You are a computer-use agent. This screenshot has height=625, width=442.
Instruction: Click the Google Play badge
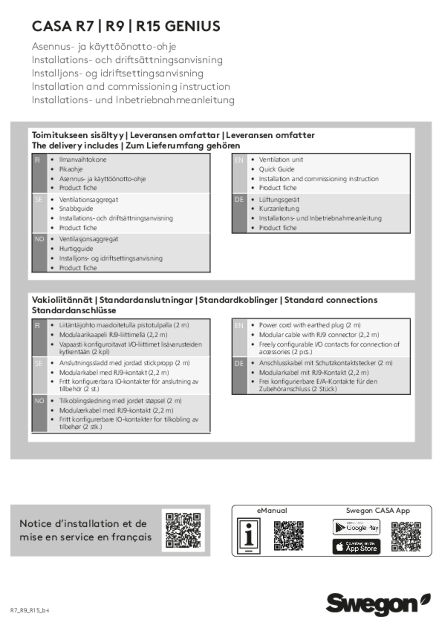pyautogui.click(x=356, y=528)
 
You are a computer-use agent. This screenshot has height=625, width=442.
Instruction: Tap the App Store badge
pyautogui.click(x=356, y=547)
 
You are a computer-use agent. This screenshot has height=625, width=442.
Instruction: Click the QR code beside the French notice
pyautogui.click(x=183, y=530)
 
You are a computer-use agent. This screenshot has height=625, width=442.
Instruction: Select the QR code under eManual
pyautogui.click(x=288, y=536)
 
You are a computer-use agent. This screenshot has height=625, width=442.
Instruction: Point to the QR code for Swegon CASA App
pyautogui.click(x=406, y=537)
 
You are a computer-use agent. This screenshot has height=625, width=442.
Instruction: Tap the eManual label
pyautogui.click(x=272, y=511)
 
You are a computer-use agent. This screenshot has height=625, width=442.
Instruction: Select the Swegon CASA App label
pyautogui.click(x=378, y=511)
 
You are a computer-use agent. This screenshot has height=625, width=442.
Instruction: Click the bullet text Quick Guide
pyautogui.click(x=277, y=169)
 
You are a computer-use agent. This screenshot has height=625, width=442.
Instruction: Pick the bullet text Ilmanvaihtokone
pyautogui.click(x=83, y=160)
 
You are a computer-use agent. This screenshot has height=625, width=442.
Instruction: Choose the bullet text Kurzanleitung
pyautogui.click(x=279, y=209)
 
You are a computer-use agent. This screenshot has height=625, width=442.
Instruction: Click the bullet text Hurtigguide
pyautogui.click(x=76, y=249)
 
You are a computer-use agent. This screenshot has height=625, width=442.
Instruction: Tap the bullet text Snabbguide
pyautogui.click(x=76, y=209)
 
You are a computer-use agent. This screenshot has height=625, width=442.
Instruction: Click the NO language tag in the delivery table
pyautogui.click(x=39, y=239)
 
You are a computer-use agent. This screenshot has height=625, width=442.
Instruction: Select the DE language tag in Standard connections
pyautogui.click(x=239, y=364)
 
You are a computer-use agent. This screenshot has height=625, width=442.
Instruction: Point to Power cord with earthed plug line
pyautogui.click(x=310, y=325)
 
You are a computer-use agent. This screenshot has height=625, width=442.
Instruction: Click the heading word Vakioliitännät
pyautogui.click(x=62, y=300)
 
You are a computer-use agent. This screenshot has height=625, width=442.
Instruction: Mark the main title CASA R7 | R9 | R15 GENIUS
pyautogui.click(x=126, y=27)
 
